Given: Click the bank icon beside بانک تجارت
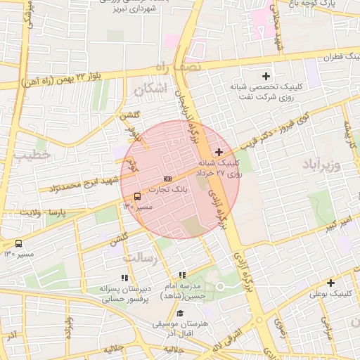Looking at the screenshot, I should coord(167,179).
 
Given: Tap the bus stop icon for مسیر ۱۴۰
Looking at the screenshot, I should coord(136,196).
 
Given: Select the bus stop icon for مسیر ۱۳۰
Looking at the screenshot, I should coord(18,243).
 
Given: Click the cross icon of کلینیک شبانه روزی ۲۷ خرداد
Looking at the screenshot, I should coord(219,152).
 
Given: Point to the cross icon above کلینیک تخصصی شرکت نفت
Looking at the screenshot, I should coord(266,76).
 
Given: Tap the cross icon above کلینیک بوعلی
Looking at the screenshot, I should coord(330,283).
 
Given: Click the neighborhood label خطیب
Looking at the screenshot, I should coord(33,153).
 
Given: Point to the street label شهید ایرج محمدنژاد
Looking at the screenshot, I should coord(70,184).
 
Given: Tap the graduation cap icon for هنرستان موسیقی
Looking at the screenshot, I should coord(181,314).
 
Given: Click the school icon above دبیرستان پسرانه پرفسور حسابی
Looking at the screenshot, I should coord(125,278).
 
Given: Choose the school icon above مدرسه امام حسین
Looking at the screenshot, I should coord(182,276).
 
